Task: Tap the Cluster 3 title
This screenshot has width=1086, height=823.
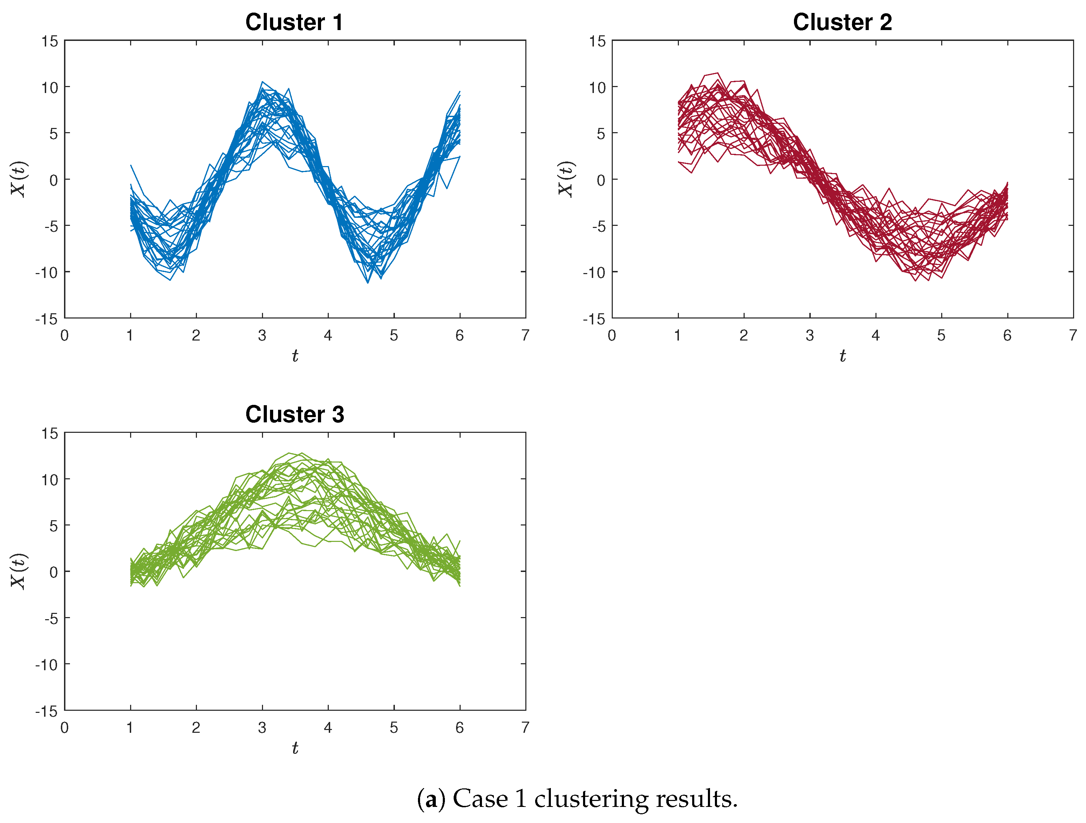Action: (x=294, y=415)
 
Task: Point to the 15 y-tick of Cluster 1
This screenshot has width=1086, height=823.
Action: (x=50, y=42)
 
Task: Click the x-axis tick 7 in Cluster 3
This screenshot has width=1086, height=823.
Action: (x=525, y=728)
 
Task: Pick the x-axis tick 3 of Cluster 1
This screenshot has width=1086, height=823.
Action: (x=262, y=336)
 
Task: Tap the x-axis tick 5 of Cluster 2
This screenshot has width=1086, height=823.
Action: (x=941, y=336)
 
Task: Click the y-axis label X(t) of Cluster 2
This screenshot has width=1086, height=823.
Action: (x=566, y=179)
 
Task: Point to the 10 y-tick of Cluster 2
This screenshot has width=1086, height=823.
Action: (x=597, y=88)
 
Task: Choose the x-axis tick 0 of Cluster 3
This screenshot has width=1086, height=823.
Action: (x=64, y=728)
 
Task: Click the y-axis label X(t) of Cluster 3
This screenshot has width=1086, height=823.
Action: (x=19, y=571)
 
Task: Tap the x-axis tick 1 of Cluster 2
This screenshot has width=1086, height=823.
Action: (x=677, y=336)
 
